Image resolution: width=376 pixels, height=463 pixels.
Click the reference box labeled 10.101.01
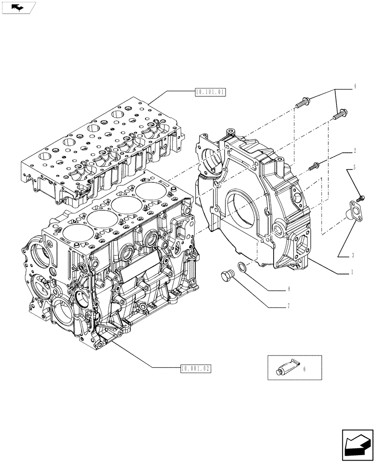[210, 93]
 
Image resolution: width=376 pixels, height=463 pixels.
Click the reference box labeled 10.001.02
[195, 369]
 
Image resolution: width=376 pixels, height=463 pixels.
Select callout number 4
[355, 86]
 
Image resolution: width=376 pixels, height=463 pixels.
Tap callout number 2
[355, 150]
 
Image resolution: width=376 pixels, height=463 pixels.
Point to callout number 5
[355, 168]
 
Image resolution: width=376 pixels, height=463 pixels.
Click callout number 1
[352, 273]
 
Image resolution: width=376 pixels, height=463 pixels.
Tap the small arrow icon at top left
[17, 7]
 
